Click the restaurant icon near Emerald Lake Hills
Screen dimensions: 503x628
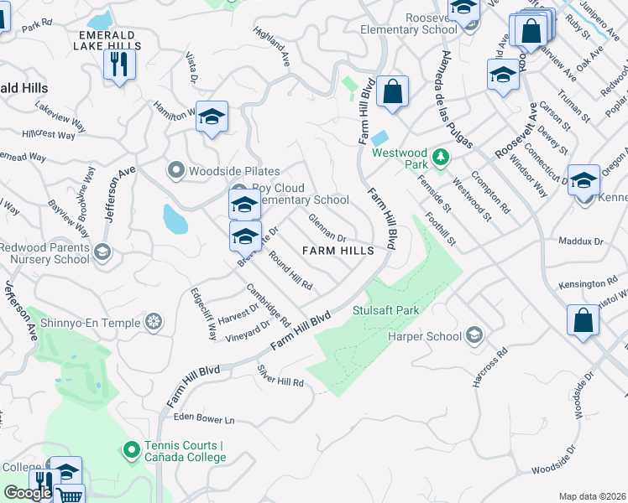click(x=119, y=64)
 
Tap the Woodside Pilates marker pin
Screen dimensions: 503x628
click(x=176, y=171)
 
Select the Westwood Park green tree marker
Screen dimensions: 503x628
click(x=439, y=156)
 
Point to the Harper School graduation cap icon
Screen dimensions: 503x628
click(x=474, y=336)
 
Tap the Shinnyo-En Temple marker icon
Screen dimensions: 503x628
click(x=154, y=320)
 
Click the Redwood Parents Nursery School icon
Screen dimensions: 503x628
click(x=102, y=251)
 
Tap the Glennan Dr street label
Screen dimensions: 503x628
click(x=327, y=227)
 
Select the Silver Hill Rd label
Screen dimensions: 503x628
click(x=280, y=376)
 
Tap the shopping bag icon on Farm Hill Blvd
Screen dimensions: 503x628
click(x=392, y=91)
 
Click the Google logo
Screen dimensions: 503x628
click(x=28, y=492)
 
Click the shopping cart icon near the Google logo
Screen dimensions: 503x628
click(x=71, y=495)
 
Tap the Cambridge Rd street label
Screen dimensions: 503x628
click(x=268, y=305)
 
